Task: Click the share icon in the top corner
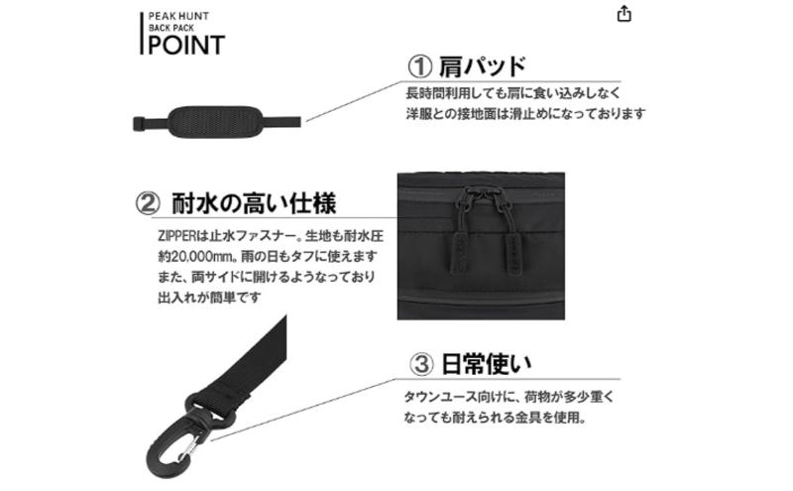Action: pyautogui.click(x=623, y=14)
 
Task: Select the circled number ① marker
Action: pyautogui.click(x=420, y=66)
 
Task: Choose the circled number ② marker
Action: pyautogui.click(x=147, y=203)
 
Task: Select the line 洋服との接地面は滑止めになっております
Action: pyautogui.click(x=525, y=114)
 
